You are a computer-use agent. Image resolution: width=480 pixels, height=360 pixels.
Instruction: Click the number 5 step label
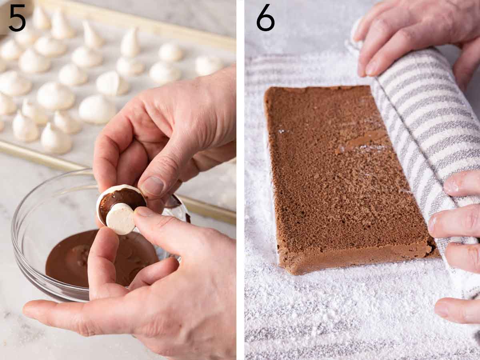pyautogui.click(x=17, y=18)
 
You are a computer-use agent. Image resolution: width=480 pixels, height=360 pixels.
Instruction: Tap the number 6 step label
pyautogui.click(x=266, y=18)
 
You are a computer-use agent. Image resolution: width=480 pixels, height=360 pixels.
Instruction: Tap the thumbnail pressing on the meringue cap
pyautogui.click(x=152, y=186)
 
